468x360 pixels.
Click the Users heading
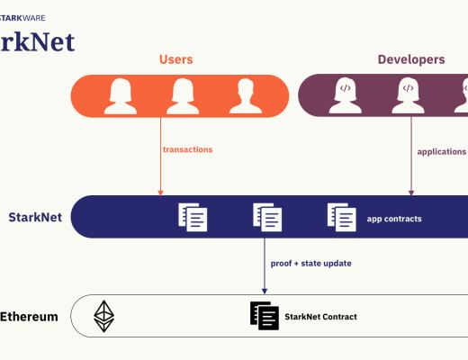[x=175, y=59]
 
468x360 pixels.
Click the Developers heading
[x=410, y=59]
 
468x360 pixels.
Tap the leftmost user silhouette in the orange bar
[x=121, y=95]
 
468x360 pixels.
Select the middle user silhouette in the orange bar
[x=183, y=95]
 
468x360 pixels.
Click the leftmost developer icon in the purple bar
[x=346, y=95]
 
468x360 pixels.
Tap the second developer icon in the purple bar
[x=408, y=95]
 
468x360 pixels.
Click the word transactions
[x=187, y=149]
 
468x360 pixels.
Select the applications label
[x=441, y=152]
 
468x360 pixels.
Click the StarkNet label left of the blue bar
[x=34, y=217]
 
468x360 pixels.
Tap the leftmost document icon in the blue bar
[x=193, y=217]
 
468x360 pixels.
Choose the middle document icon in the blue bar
[x=267, y=217]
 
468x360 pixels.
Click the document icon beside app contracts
[x=341, y=217]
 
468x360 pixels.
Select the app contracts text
[x=394, y=218]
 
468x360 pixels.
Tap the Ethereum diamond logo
[x=104, y=316]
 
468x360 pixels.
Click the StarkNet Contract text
[x=320, y=317]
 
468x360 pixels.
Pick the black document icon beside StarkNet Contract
[x=264, y=315]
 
